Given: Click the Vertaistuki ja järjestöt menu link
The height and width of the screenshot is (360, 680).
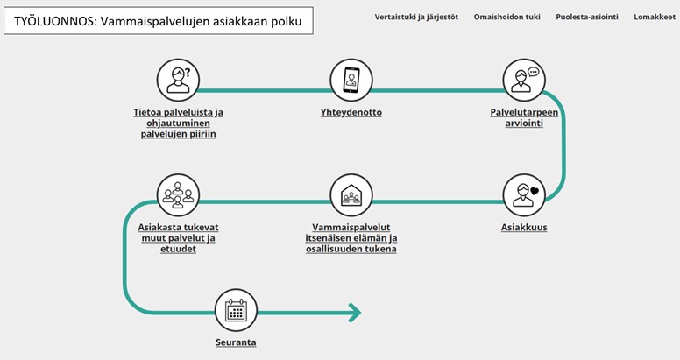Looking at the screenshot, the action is click(x=416, y=17).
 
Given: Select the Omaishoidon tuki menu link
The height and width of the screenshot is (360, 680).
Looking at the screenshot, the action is click(x=507, y=17).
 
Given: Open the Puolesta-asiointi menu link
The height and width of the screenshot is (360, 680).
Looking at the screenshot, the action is click(x=587, y=17).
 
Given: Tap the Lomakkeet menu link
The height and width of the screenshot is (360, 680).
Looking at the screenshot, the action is click(x=655, y=17).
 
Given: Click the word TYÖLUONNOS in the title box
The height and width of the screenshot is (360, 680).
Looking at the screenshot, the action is click(x=53, y=21).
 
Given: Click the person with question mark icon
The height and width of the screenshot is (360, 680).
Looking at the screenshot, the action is click(x=178, y=81).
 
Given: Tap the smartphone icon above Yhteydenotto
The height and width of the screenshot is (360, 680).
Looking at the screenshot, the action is click(x=351, y=81).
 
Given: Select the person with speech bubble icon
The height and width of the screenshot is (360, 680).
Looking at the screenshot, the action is click(x=524, y=81).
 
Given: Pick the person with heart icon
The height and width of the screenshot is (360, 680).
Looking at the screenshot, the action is click(x=524, y=195).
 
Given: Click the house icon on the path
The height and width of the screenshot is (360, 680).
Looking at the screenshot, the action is click(x=351, y=195).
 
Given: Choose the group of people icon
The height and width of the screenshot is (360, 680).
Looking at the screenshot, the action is click(x=178, y=195).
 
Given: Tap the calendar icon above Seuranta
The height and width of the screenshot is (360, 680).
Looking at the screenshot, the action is click(x=237, y=311).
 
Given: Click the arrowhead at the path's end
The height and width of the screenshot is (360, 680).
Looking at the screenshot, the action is click(x=356, y=313).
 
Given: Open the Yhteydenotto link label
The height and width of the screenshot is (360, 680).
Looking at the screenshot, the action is click(x=351, y=112).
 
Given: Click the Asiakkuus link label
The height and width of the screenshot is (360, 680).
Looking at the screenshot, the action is click(x=524, y=227).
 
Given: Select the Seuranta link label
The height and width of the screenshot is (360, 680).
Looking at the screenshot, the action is click(x=236, y=342).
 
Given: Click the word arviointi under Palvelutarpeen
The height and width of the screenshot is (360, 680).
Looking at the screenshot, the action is click(x=524, y=124).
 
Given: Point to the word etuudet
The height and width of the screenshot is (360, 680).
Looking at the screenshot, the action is click(x=178, y=249).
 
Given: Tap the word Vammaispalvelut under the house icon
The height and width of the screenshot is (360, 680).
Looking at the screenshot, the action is click(x=351, y=227).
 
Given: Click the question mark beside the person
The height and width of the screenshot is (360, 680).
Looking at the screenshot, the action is click(x=188, y=72).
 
